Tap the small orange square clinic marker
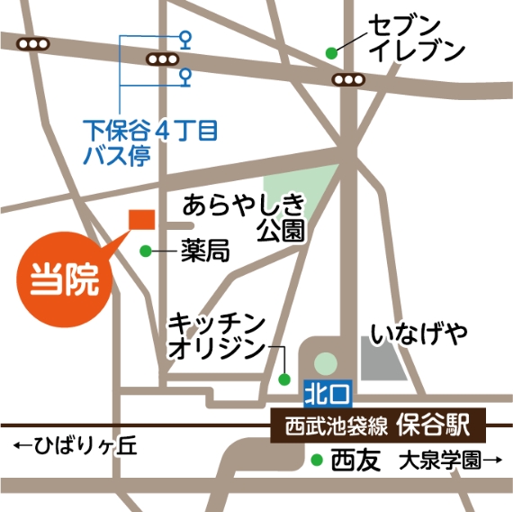click(142, 220)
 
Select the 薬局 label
click(204, 251)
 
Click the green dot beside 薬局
click(147, 250)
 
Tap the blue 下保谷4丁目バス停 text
click(149, 142)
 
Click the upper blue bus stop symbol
click(186, 38)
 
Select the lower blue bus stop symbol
click(186, 75)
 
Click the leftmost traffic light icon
click(33, 43)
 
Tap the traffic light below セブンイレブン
click(348, 80)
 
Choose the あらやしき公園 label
click(245, 217)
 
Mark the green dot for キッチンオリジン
click(284, 378)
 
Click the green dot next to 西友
click(316, 462)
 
